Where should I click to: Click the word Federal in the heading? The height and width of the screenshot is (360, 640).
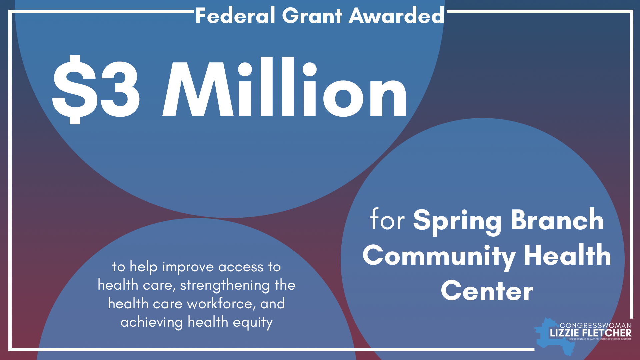tap(235, 16)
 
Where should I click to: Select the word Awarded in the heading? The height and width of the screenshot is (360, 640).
tap(396, 16)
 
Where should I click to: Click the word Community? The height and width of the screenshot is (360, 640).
tap(439, 256)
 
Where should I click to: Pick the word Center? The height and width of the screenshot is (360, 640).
tap(487, 291)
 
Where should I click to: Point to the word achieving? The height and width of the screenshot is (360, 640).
tap(152, 322)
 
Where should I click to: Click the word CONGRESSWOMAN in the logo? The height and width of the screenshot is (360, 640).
tap(595, 325)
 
